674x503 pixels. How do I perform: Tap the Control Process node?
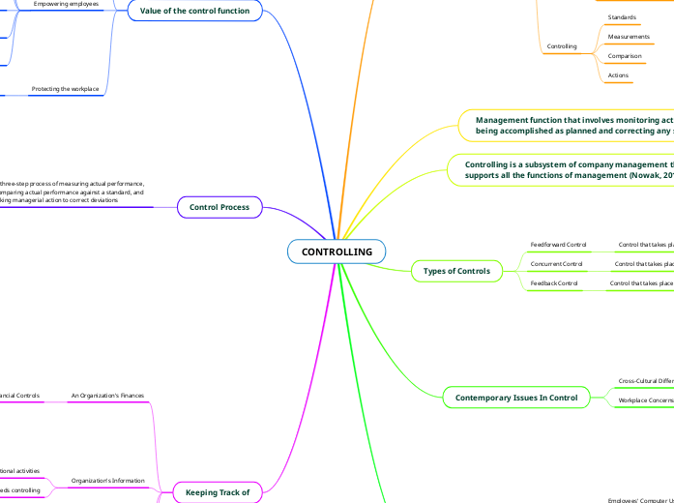pos(220,207)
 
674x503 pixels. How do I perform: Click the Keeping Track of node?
pos(218,493)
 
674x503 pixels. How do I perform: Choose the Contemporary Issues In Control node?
pos(515,398)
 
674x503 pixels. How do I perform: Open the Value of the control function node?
pos(194,10)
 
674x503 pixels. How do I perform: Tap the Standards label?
pos(621,17)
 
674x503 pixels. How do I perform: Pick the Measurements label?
pos(628,37)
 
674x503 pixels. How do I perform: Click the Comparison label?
pos(624,56)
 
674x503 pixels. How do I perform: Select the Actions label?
pos(618,74)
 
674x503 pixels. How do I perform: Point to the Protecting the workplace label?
pos(65,89)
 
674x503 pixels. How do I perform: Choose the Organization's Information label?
pos(107,481)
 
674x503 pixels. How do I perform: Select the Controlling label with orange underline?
pos(562,45)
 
